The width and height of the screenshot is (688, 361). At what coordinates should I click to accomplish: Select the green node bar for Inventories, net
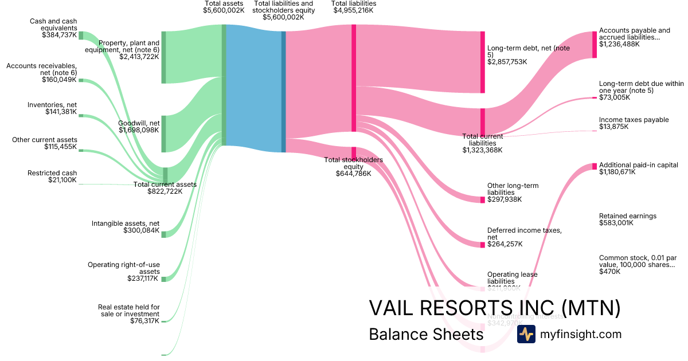click(x=81, y=115)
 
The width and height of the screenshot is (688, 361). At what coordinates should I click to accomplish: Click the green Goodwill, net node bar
click(x=163, y=134)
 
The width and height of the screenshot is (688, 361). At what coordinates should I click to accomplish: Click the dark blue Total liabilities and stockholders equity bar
click(x=283, y=92)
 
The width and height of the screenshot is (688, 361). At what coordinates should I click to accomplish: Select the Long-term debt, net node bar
click(x=483, y=62)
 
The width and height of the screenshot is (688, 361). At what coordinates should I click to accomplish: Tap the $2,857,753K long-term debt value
click(x=507, y=61)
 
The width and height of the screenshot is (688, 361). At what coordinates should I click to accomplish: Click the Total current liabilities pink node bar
click(x=483, y=121)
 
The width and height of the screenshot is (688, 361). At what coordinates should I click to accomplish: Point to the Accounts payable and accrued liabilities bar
click(x=595, y=44)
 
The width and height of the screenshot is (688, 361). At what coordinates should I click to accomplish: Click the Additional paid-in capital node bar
click(x=595, y=166)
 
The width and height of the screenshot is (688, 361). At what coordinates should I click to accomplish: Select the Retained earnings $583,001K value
click(x=616, y=223)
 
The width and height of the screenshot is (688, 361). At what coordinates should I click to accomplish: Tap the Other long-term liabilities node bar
click(x=483, y=199)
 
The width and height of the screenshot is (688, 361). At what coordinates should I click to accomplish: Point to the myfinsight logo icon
click(x=526, y=334)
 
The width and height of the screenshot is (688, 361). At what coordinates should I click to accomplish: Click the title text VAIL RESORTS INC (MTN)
click(x=494, y=308)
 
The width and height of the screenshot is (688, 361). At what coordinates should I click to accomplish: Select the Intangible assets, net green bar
click(x=163, y=234)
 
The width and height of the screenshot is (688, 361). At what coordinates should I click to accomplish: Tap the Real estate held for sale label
click(x=128, y=311)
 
